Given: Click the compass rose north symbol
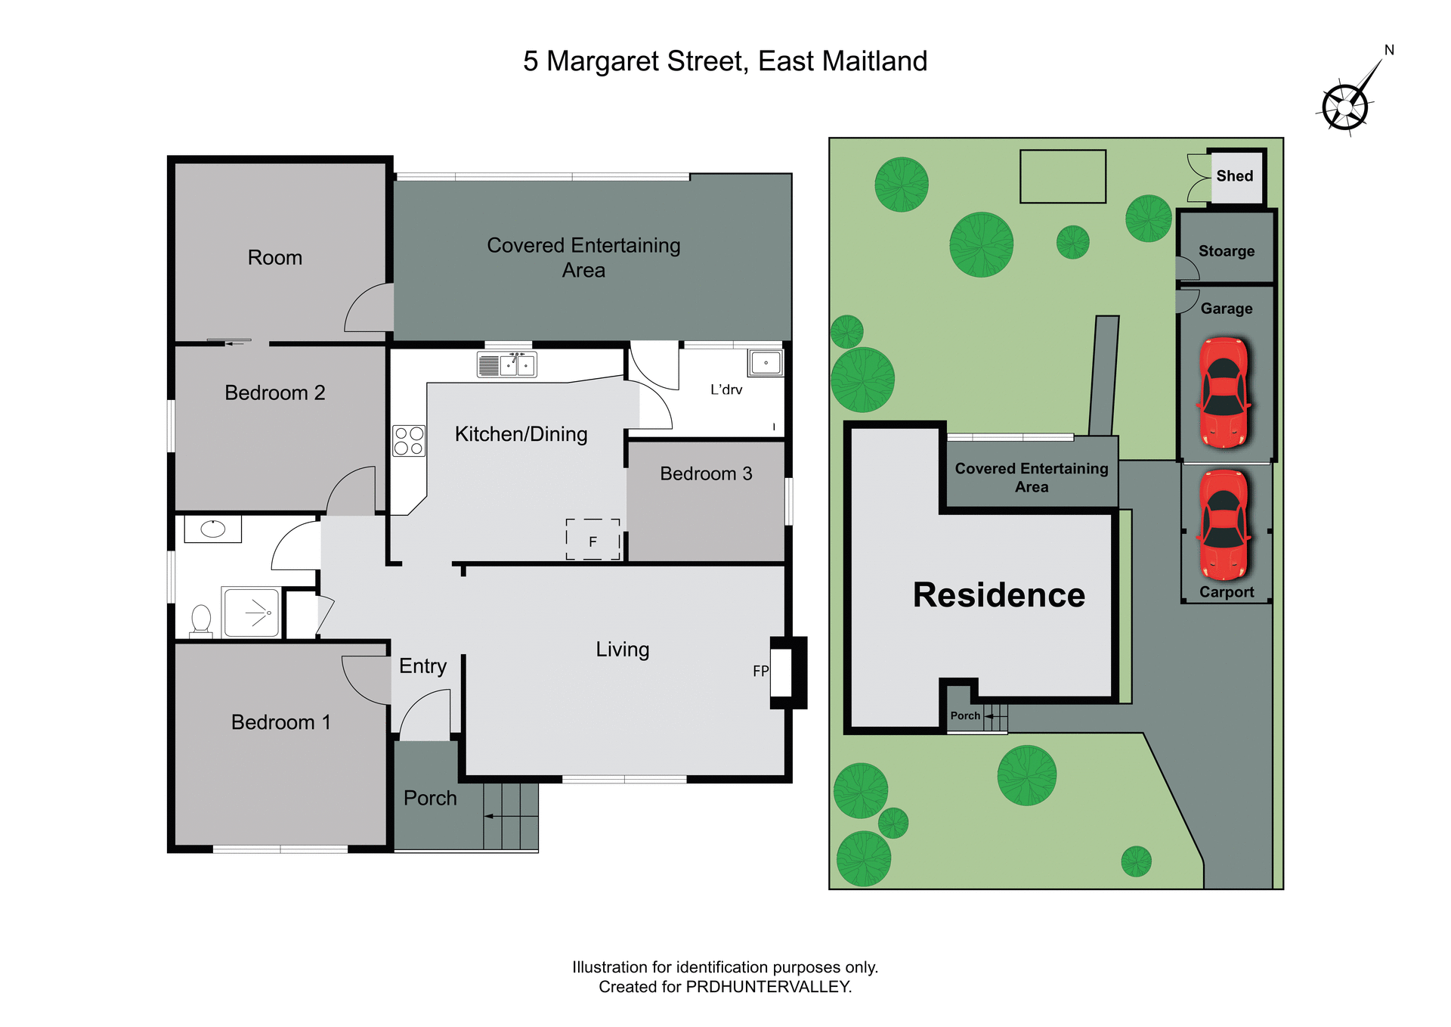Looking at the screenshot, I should click(1346, 106).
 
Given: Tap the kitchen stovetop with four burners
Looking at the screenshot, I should click(409, 441).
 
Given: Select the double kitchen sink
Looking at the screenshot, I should click(507, 365).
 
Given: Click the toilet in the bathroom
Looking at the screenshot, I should click(201, 620).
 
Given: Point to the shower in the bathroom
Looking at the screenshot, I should click(252, 612).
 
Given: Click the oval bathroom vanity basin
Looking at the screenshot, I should click(213, 529).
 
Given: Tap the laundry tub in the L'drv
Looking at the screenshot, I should click(766, 363).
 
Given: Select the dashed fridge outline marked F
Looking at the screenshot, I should click(593, 540).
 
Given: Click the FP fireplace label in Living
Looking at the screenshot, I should click(760, 671).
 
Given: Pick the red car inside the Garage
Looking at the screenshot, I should click(1224, 392).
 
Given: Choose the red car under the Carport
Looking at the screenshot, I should click(1224, 525).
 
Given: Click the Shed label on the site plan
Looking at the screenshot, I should click(1235, 176).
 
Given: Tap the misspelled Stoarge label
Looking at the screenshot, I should click(1227, 251).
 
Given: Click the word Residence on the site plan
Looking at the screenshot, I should click(999, 595).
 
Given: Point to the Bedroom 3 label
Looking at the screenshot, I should click(706, 474).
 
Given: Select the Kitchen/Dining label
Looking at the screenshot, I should click(521, 434).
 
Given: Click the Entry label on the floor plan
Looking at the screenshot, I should click(422, 666).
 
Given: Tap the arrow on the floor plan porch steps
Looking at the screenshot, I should click(490, 816).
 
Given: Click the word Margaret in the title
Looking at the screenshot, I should click(647, 61).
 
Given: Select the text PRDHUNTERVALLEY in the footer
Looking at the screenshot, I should click(768, 987).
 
